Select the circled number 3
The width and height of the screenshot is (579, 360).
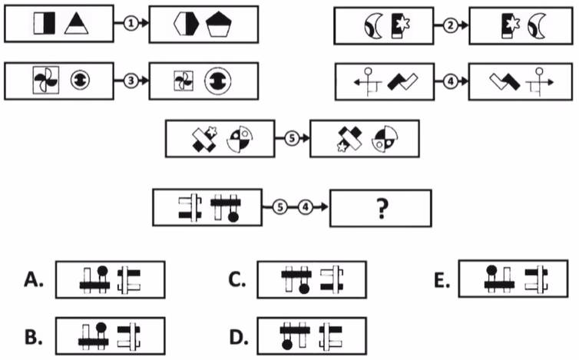coord(131,80)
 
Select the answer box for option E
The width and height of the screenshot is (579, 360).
coord(514,277)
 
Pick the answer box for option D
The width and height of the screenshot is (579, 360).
coord(311,335)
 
